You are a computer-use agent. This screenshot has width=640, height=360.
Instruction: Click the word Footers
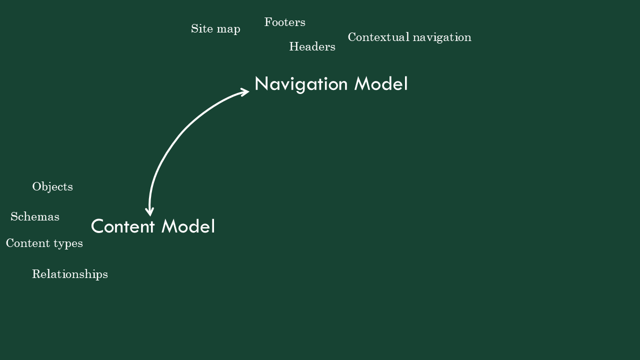point(285,22)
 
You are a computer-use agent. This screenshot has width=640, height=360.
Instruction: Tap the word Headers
point(312,46)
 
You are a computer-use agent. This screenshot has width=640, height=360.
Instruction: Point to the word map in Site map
point(228,29)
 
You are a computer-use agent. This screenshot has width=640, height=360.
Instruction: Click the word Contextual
point(379,37)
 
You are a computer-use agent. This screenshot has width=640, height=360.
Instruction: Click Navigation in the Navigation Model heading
point(301,84)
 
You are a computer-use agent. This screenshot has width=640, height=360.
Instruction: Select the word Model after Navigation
point(381,83)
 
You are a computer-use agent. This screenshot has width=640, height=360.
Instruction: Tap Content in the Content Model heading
point(123,226)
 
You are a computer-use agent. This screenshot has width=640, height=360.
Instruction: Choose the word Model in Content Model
point(188,226)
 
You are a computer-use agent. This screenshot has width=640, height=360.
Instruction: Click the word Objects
point(52,187)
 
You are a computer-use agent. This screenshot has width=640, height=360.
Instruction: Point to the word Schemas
point(35,216)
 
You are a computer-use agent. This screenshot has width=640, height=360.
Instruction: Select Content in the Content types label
point(28,243)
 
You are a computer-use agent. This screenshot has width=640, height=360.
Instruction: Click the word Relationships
point(70,274)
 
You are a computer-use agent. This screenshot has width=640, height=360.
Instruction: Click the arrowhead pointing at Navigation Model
point(245,92)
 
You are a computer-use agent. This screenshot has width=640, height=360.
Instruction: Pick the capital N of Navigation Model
point(261,83)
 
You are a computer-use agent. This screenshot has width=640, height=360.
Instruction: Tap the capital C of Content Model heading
point(97,226)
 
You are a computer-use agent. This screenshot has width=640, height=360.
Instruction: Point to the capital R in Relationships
point(36,274)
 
